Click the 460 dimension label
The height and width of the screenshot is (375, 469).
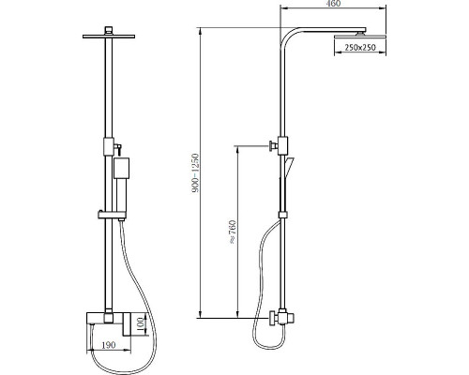334,3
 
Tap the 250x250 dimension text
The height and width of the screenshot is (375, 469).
360,48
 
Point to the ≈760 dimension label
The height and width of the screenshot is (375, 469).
234,232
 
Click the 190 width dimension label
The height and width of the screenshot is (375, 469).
109,345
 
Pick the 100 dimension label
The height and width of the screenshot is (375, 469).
140,325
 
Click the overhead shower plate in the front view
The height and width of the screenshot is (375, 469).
109,37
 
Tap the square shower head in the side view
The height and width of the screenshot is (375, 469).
360,37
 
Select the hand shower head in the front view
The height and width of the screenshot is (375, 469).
122,168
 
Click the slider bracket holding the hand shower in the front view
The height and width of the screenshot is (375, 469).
112,215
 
